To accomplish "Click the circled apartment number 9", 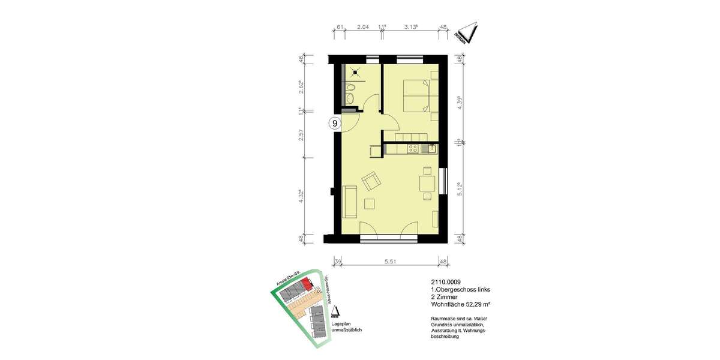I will pyautogui.click(x=335, y=124).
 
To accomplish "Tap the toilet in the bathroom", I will pyautogui.click(x=352, y=91).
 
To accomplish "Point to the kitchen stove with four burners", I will pyautogui.click(x=413, y=148).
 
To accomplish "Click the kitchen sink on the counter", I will pyautogui.click(x=427, y=148).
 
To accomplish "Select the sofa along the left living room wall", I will pyautogui.click(x=349, y=202).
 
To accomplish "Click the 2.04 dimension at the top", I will pyautogui.click(x=363, y=27).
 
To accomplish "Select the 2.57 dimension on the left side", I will pyautogui.click(x=303, y=135).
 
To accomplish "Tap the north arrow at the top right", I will pyautogui.click(x=467, y=34).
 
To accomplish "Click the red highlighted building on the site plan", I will pyautogui.click(x=307, y=283).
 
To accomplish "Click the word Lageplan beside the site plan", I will pyautogui.click(x=341, y=324).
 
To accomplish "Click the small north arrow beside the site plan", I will pyautogui.click(x=335, y=311).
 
